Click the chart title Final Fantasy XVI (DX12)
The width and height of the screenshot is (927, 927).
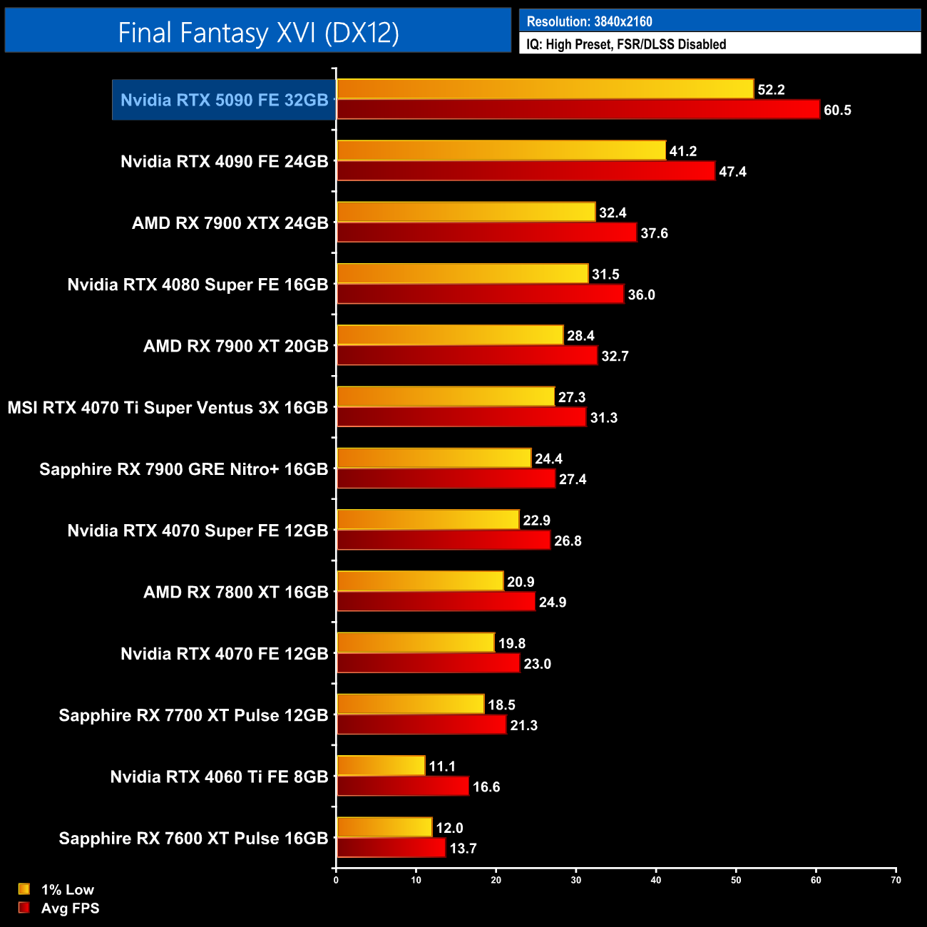tap(258, 32)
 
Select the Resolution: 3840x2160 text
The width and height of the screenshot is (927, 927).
tap(589, 21)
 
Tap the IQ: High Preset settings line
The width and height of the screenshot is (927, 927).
tap(626, 44)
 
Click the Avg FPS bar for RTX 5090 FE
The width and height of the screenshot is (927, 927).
tap(578, 110)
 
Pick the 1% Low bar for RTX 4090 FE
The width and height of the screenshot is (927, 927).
tap(501, 150)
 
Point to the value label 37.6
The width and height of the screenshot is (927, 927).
tap(654, 233)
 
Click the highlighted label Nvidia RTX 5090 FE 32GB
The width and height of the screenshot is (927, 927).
tap(224, 100)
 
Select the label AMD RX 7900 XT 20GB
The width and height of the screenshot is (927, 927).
tap(235, 347)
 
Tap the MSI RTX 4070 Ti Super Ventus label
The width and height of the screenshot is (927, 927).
tap(168, 408)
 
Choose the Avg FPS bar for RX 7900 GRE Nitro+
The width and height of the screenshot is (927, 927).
tap(446, 479)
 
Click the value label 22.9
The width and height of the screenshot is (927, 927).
tap(536, 521)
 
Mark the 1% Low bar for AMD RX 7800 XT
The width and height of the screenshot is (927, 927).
tap(420, 582)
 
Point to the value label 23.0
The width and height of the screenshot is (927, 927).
tap(537, 664)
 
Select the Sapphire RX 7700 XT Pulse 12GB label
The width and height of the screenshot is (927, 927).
tap(193, 716)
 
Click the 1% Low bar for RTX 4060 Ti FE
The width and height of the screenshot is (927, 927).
tap(381, 766)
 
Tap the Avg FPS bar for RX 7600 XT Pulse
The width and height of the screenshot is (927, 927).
tap(391, 848)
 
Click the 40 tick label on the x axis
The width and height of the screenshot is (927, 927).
tap(656, 880)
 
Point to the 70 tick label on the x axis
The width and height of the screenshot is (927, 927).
tap(896, 880)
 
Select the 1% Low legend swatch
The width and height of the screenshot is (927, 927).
tap(24, 889)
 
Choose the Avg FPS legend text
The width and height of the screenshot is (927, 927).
tap(70, 908)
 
